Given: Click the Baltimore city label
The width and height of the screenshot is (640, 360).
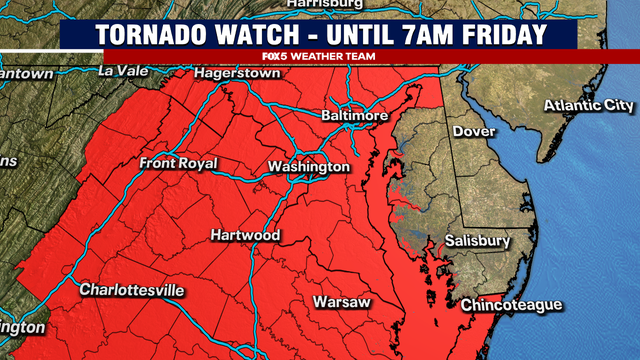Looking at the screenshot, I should (354, 116).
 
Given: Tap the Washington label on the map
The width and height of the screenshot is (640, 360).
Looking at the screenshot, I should (309, 166).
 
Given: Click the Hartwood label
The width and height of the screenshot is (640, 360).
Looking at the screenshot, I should (245, 236).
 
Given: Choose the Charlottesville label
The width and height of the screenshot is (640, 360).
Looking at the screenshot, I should (133, 290).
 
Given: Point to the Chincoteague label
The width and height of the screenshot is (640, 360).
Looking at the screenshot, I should (511, 305).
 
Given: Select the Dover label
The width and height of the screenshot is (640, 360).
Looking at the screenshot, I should (474, 131).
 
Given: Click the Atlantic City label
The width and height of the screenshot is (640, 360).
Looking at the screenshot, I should (588, 106).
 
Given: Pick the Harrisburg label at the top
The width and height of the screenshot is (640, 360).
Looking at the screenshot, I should (324, 5).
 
